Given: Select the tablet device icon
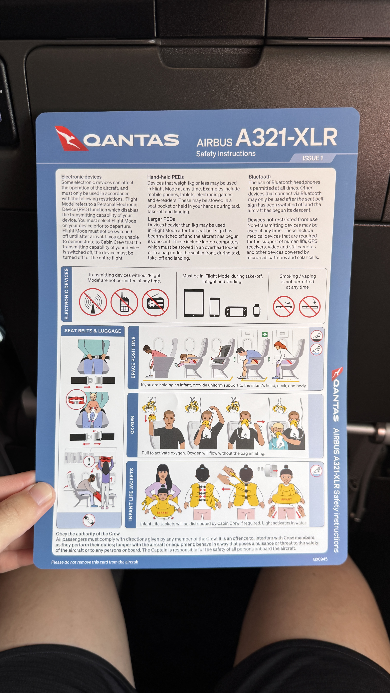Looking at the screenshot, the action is tap(193, 303).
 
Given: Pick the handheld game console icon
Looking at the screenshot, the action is tap(236, 312).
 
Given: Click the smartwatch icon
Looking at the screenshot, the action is tap(257, 310).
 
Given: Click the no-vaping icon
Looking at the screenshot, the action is tap(310, 307).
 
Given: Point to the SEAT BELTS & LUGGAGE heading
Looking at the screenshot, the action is tap(93, 331).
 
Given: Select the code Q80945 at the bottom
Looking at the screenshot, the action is tap(320, 559).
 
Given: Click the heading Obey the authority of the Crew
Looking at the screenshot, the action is tap(88, 533).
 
